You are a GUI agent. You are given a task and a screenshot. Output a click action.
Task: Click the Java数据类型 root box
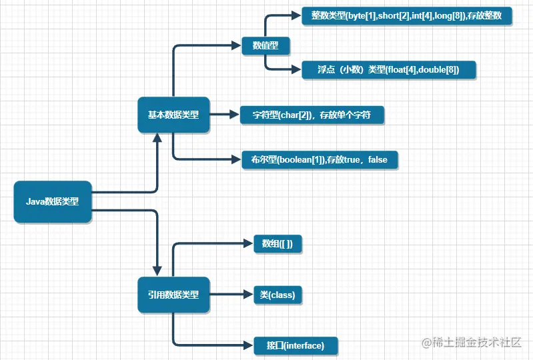52,201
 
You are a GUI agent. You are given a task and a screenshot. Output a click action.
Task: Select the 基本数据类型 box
173,115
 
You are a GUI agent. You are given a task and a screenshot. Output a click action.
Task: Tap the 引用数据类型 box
173,295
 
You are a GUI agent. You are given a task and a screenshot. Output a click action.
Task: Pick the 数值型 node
265,46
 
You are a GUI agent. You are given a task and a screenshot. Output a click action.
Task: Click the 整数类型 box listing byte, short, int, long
406,16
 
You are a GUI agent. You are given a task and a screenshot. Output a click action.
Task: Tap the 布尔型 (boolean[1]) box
319,159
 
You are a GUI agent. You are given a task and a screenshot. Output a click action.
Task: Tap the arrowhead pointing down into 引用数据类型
157,271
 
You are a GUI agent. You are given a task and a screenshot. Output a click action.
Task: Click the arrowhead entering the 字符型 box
234,115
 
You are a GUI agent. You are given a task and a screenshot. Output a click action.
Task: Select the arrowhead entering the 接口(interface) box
247,345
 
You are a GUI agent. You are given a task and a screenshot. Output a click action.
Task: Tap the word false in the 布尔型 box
377,159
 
